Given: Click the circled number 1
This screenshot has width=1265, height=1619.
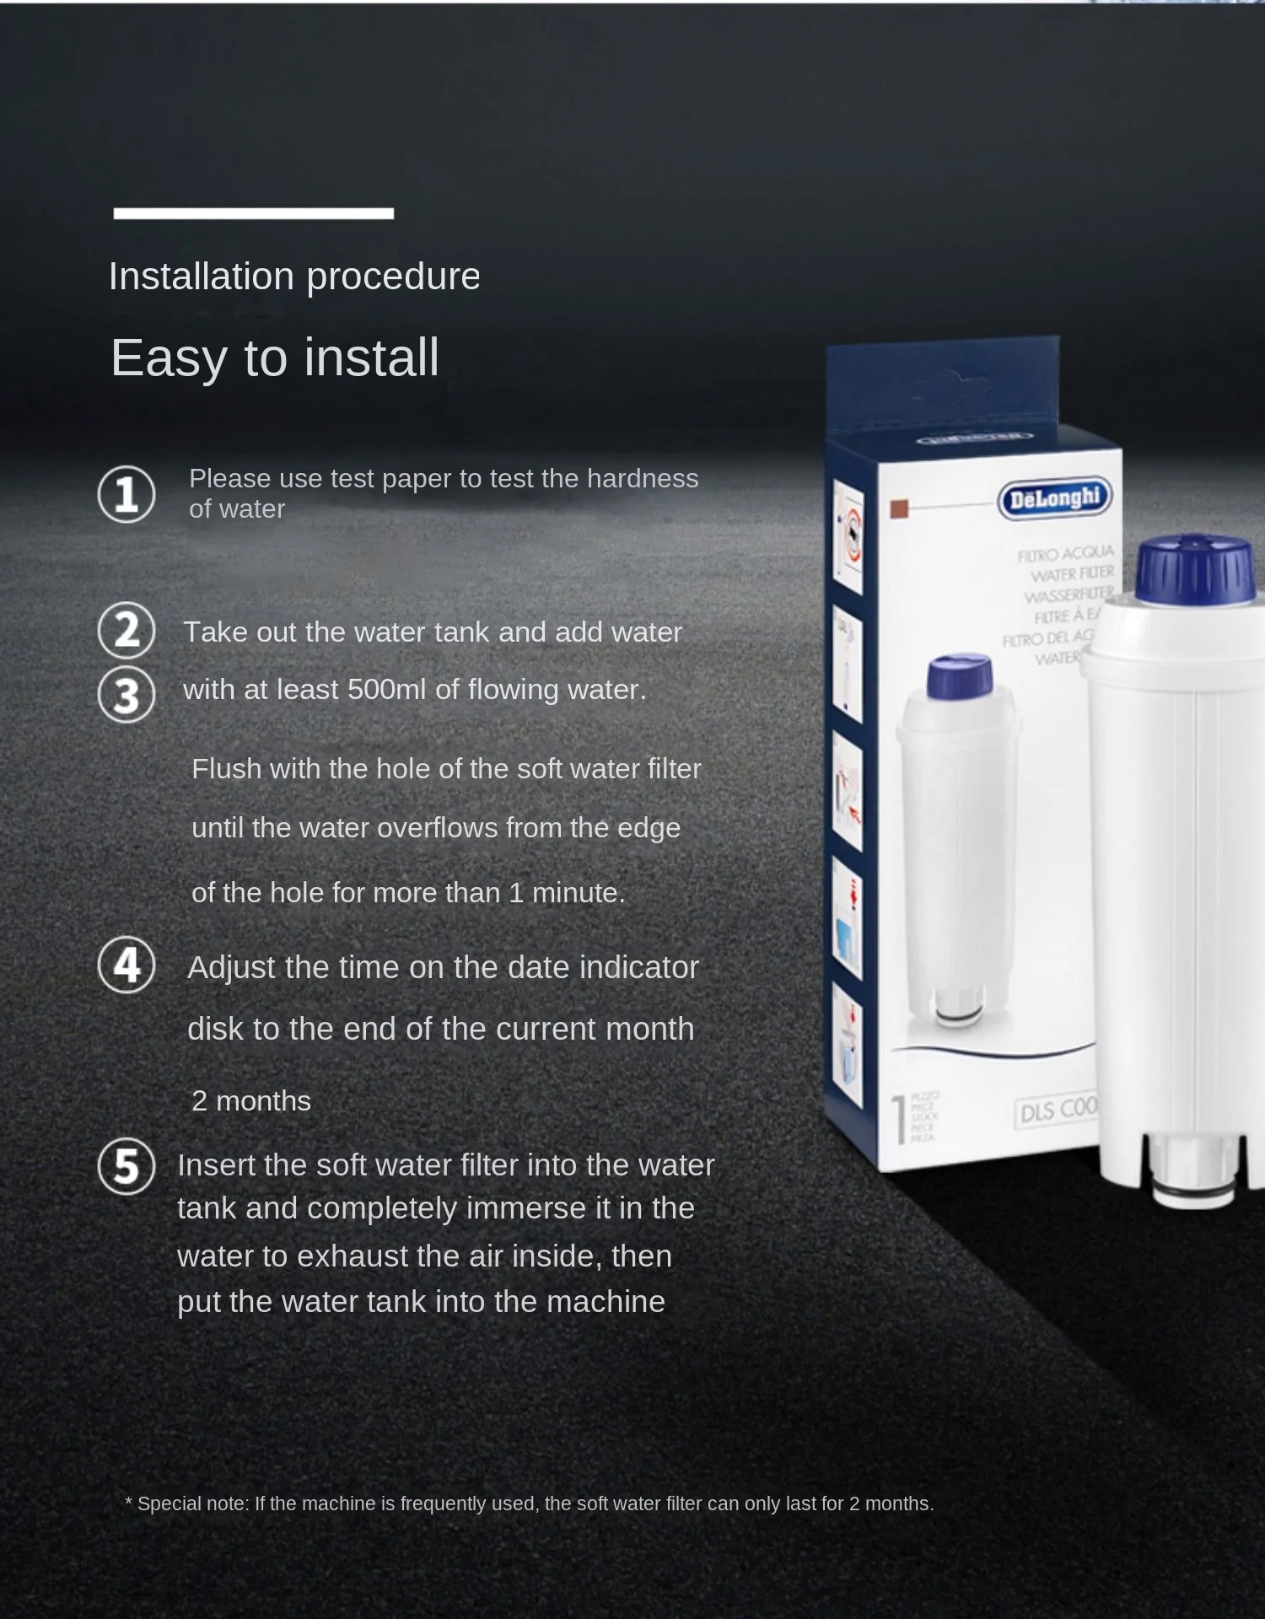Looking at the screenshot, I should point(126,494).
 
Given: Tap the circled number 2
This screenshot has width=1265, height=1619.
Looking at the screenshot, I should point(126,630).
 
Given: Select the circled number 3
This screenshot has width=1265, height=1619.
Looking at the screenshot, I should point(126,696).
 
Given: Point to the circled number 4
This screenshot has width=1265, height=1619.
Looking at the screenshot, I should point(126,965).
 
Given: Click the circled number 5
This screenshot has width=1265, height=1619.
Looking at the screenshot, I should point(126,1166).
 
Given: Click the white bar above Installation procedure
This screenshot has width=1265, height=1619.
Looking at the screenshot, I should point(253,213).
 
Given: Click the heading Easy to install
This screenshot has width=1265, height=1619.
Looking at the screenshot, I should point(275,358).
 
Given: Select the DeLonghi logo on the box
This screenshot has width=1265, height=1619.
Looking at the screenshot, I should point(1054,498).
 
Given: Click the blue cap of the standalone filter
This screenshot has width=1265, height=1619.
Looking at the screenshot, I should point(1195,571).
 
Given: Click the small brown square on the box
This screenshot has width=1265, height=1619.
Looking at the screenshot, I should point(899,508).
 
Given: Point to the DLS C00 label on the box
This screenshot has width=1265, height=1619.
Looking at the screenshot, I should point(1058,1111).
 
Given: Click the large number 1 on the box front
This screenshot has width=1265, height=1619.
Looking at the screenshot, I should point(899,1119).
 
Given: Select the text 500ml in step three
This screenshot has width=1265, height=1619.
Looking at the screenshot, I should point(386,690).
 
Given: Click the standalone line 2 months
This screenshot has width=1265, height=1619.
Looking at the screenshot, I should point(251,1101).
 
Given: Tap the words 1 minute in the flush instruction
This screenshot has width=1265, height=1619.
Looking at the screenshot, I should point(566,893).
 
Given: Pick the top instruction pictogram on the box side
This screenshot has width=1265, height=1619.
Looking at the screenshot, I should point(848,536).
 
